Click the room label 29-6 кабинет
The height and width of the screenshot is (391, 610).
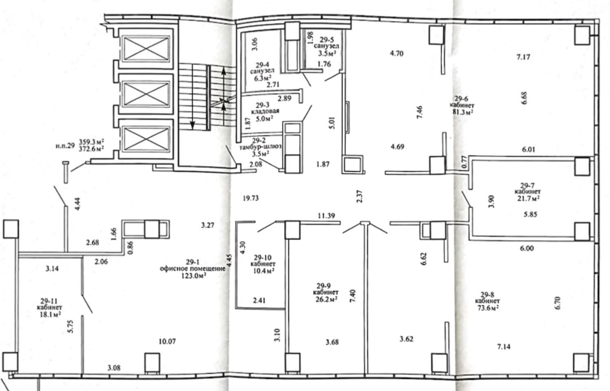462,102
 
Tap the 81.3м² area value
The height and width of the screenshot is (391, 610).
462,112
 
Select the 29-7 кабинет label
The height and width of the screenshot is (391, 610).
528,188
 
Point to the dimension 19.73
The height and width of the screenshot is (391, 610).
251,199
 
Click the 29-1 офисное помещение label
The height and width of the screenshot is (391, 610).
193,265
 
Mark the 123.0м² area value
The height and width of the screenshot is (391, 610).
193,276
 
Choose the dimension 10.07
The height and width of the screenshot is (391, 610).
167,341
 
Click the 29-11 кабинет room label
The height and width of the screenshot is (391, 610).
49,304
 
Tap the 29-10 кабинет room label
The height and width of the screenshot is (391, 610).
263,261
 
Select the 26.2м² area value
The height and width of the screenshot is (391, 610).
325,299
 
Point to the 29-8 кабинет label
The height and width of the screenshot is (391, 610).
487,298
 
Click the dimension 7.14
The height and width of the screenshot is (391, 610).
504,347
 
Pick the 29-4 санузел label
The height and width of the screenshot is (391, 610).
262,68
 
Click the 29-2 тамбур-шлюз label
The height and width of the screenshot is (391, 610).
260,144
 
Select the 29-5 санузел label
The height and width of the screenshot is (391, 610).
326,42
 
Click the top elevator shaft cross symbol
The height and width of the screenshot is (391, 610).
146,48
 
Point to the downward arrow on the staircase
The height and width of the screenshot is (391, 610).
192,97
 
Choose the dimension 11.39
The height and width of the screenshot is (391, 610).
326,216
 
